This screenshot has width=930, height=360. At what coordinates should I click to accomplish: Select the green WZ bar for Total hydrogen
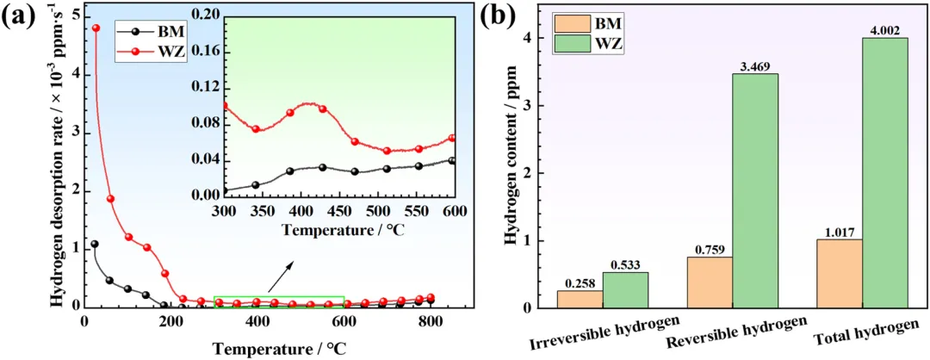coord(885,172)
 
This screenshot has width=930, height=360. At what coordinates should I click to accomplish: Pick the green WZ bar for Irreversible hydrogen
coord(625,289)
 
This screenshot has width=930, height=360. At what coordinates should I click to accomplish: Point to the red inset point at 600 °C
coord(451,138)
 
